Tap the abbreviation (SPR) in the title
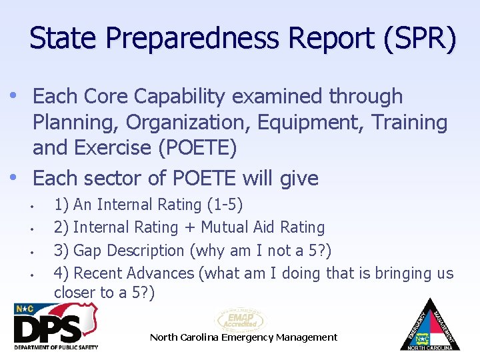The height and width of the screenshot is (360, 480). tap(420, 39)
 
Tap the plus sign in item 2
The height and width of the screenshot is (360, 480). tap(189, 227)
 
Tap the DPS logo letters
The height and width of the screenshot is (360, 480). tap(48, 328)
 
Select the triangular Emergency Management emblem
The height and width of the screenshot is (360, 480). tap(430, 327)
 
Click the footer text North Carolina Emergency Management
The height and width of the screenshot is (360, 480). tap(243, 337)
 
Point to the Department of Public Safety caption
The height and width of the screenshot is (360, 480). tap(56, 347)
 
